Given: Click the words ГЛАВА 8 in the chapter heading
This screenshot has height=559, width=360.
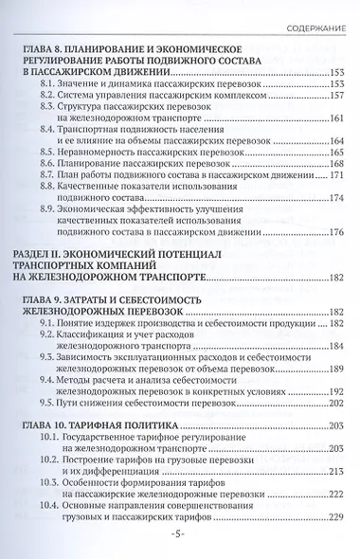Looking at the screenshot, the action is coord(43,45).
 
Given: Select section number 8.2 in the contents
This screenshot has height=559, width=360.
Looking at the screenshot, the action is coord(53,97).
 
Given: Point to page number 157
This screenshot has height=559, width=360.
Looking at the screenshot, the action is coord(334,97).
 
